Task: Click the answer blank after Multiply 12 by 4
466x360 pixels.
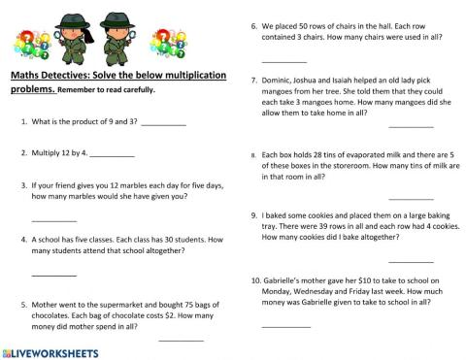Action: pyautogui.click(x=113, y=157)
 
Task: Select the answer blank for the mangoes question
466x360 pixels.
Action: pyautogui.click(x=411, y=127)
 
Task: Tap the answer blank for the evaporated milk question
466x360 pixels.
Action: pyautogui.click(x=411, y=198)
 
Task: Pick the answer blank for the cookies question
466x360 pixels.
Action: pyautogui.click(x=411, y=261)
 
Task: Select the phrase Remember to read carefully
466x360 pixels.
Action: pyautogui.click(x=106, y=91)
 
